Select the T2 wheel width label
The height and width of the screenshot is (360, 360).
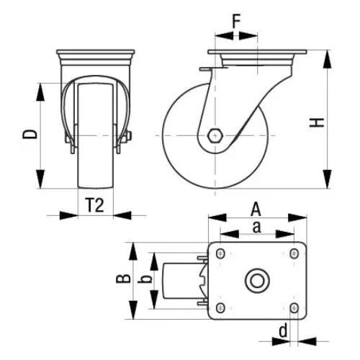point(95,205)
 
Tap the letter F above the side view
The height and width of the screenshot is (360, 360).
point(235,21)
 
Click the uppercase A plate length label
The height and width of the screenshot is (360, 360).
point(255,209)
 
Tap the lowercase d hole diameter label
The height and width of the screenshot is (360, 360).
point(284,330)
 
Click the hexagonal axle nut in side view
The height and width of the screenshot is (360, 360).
point(215,135)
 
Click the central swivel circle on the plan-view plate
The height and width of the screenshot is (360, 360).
point(257,280)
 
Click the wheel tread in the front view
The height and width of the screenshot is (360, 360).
point(95,166)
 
